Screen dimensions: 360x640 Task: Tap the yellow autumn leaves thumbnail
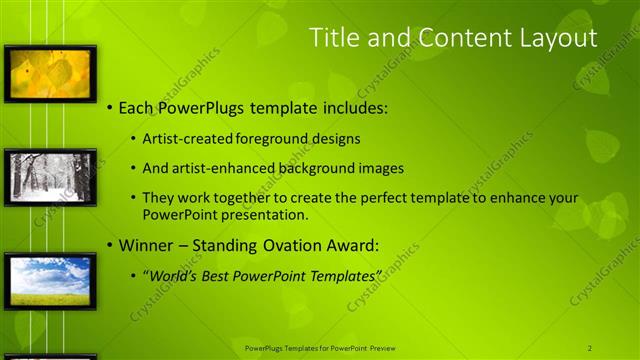coord(50,73)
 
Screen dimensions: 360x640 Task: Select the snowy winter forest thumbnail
coord(50,177)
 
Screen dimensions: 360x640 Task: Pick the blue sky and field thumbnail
coord(50,280)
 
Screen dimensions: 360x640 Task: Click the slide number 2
coord(590,348)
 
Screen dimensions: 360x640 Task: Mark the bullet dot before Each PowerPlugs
coord(109,107)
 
